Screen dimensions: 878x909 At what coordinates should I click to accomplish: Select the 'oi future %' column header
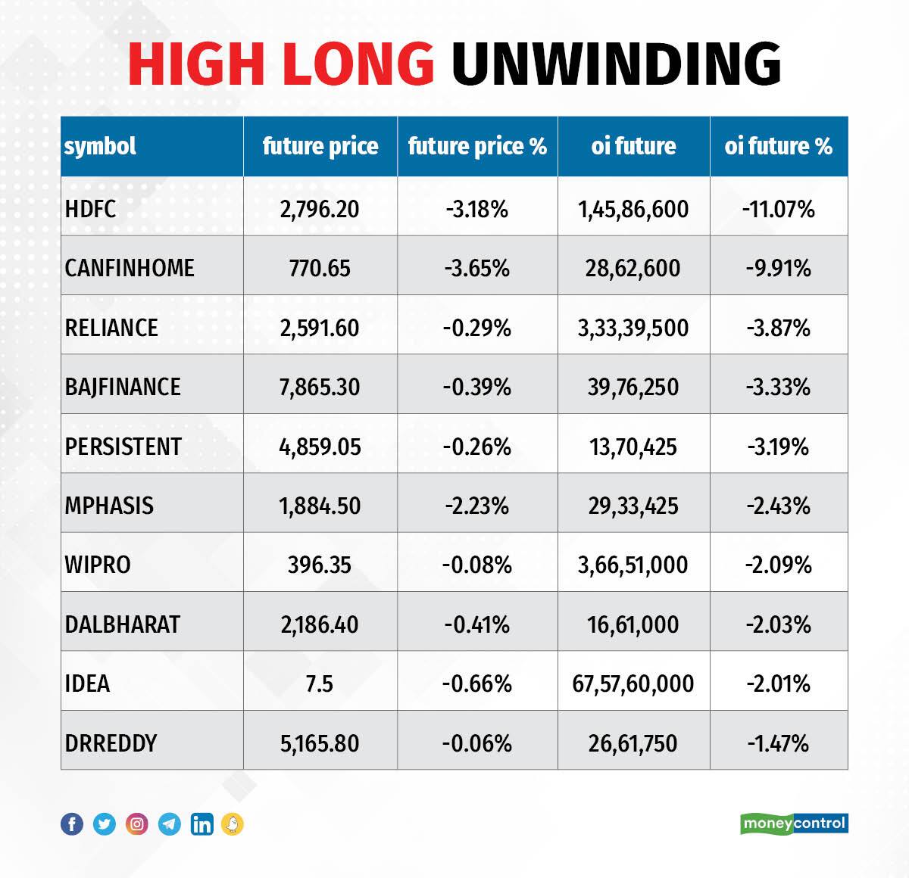tap(778, 146)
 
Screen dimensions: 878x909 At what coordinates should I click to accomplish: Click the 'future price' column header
tap(320, 146)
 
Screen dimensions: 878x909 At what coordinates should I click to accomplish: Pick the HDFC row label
tap(91, 209)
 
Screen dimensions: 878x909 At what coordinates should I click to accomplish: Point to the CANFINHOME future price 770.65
tap(320, 268)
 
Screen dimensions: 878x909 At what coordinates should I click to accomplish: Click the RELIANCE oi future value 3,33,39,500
tap(633, 328)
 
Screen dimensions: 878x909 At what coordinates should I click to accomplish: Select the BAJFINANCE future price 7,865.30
tap(320, 387)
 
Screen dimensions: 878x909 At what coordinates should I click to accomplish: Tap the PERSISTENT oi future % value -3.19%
tap(778, 447)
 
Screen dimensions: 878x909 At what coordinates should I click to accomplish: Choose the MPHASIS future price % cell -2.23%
tap(477, 506)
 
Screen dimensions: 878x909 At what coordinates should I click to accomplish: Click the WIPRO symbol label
tap(98, 565)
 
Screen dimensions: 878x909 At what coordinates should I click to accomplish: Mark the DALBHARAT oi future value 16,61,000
tap(633, 624)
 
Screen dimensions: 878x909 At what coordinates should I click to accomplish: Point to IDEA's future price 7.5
tap(320, 683)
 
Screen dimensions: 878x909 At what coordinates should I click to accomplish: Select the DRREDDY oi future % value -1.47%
tap(778, 743)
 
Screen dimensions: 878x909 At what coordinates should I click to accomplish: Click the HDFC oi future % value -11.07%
tap(778, 209)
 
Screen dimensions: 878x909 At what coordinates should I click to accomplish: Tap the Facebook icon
tap(72, 824)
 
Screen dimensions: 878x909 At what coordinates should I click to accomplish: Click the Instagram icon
tap(137, 824)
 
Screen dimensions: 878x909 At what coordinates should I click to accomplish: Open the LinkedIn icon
tap(201, 824)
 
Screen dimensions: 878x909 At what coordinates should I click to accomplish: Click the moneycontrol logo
tap(794, 824)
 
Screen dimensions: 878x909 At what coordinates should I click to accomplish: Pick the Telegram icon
tap(170, 824)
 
